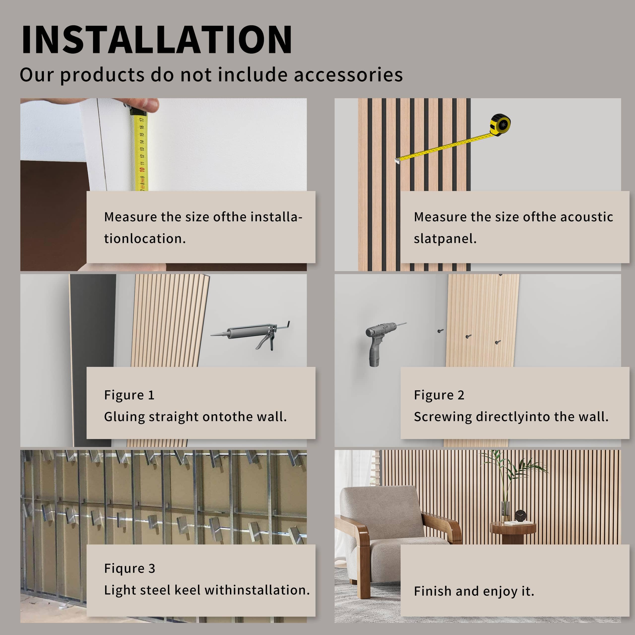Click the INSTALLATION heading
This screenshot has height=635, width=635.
(157, 39)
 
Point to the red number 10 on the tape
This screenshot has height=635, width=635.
(142, 170)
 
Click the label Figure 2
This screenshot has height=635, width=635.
(439, 395)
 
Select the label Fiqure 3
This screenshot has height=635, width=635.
(129, 568)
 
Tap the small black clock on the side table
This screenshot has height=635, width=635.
(520, 515)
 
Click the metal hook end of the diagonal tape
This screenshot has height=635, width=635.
(398, 160)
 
